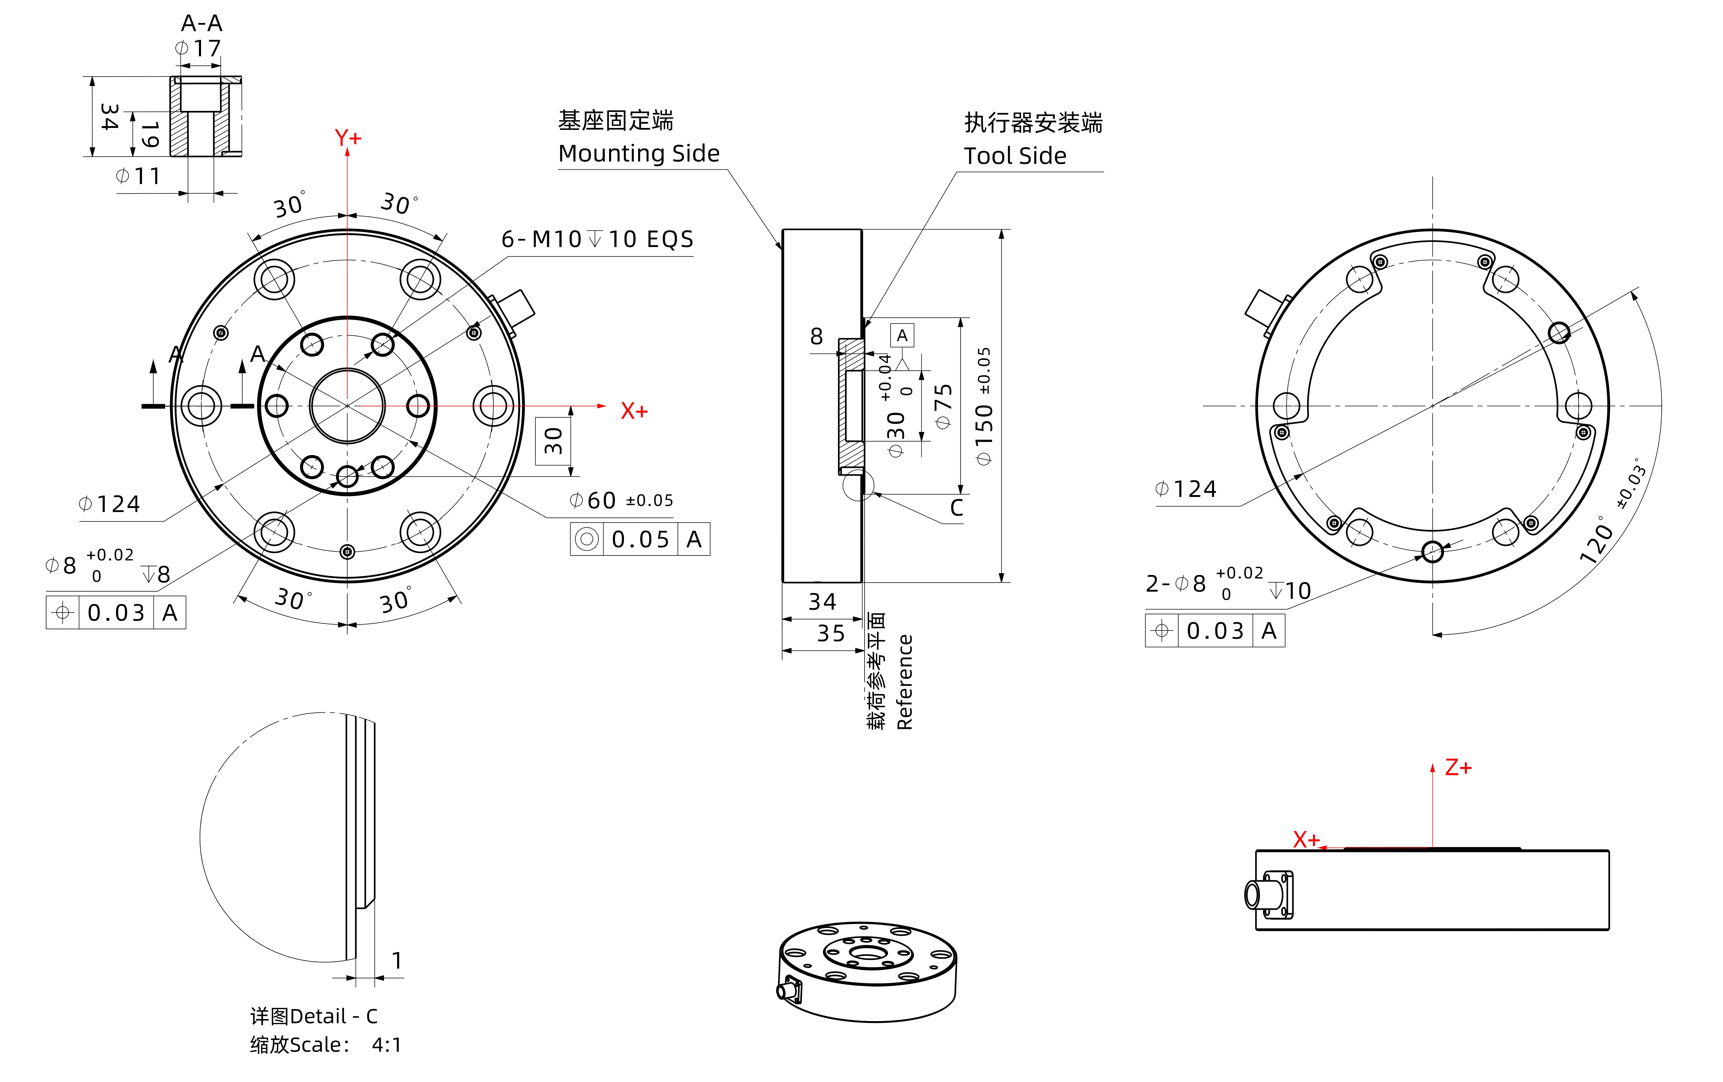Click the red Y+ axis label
[348, 137]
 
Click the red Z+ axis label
[1458, 768]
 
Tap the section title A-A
[202, 24]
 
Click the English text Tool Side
[1015, 156]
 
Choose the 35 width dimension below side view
[831, 633]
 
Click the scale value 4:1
[386, 1045]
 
